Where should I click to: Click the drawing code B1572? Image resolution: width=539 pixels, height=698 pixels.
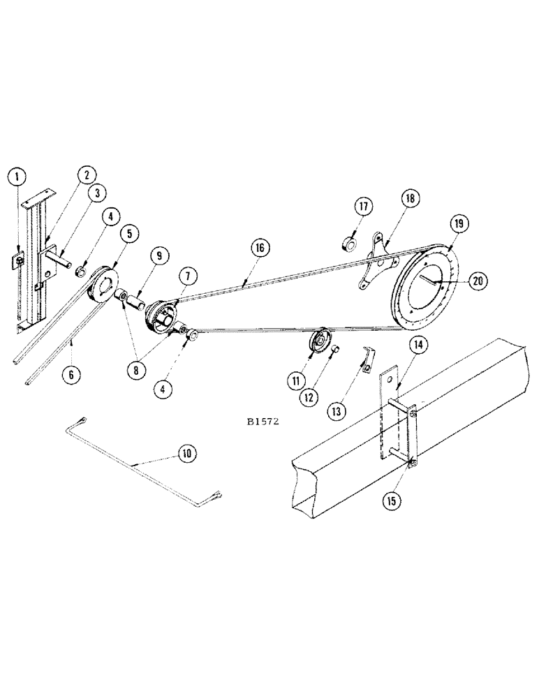pos(264,422)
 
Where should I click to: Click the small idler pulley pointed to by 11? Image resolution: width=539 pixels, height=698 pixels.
pos(320,346)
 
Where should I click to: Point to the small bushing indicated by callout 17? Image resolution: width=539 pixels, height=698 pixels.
pos(348,244)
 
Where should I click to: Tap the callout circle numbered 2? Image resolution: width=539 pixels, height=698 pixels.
pos(87,174)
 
